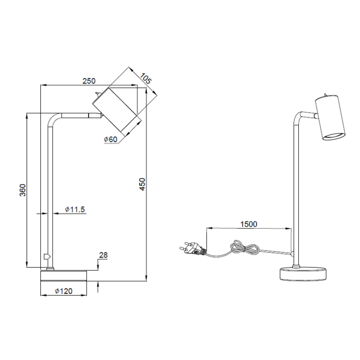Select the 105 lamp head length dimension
[145, 78]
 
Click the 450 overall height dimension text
[142, 184]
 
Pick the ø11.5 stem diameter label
[75, 209]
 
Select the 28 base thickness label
[103, 256]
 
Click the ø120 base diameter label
[64, 291]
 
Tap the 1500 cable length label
[248, 224]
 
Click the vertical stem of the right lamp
[294, 192]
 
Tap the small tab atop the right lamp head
[326, 94]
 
